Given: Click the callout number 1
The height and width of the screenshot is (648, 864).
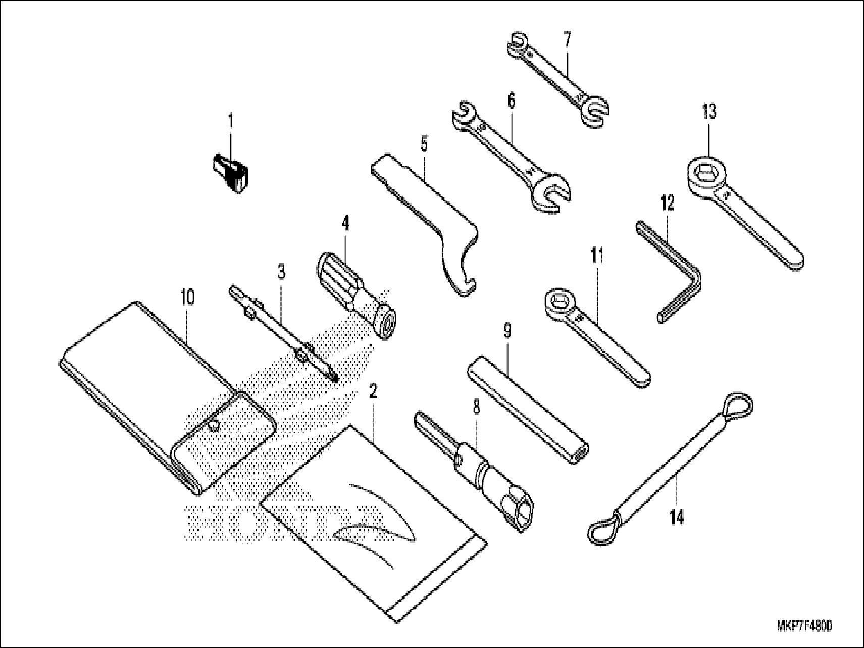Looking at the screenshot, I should point(230,121).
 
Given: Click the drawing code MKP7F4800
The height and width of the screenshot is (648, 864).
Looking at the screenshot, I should point(804,626).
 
